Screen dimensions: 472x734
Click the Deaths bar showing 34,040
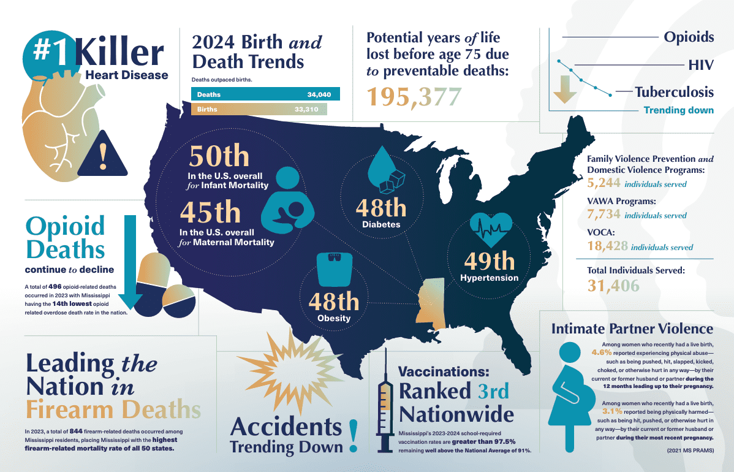pos(265,94)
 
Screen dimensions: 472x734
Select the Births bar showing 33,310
pos(259,109)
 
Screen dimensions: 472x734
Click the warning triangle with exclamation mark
pos(102,153)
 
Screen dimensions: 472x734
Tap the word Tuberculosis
pos(674,92)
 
